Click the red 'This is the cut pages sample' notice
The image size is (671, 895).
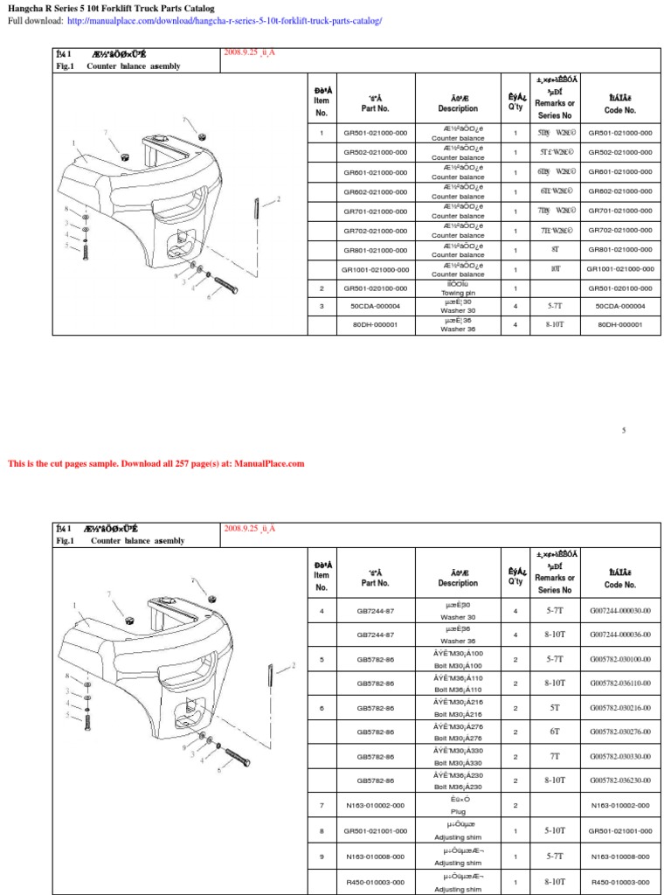156,463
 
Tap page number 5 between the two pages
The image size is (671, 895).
624,431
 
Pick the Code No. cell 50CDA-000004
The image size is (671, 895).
619,306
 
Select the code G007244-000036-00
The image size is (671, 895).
619,635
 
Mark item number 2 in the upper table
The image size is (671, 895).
322,288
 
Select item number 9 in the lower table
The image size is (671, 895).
322,857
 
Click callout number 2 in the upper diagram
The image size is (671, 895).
279,199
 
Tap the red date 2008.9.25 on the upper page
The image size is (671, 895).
249,52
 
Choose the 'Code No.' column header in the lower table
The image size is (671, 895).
619,578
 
